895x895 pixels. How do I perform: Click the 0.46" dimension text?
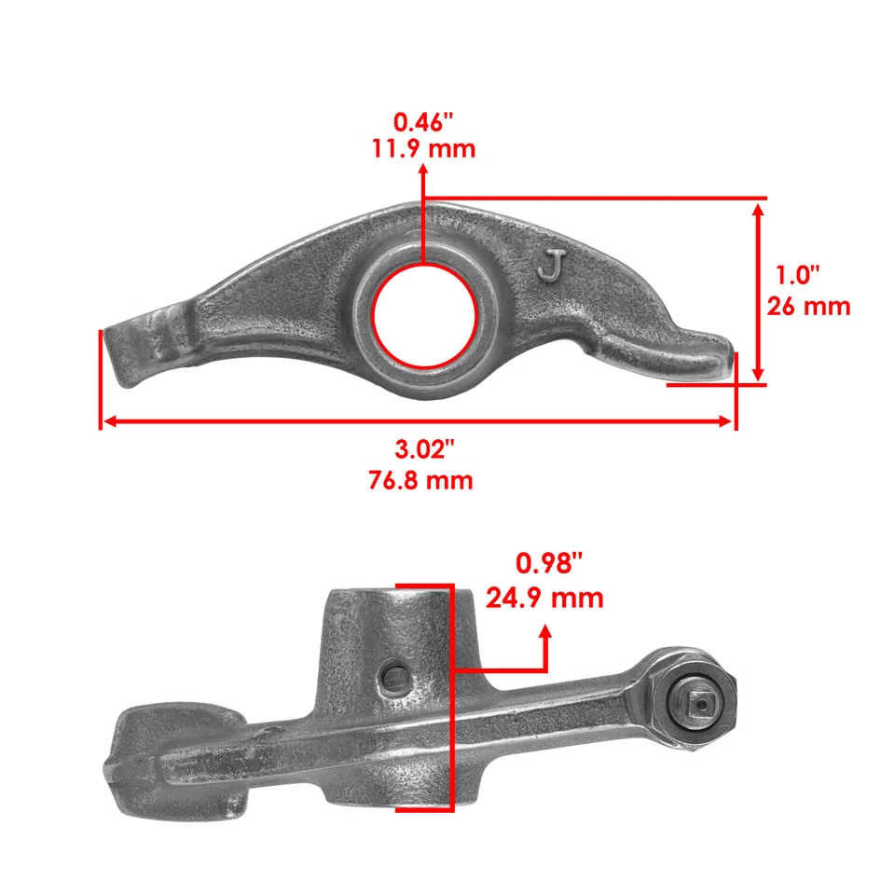424,121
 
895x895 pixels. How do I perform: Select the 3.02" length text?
424,450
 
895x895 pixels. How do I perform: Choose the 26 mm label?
807,306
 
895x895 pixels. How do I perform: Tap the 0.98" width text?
550,563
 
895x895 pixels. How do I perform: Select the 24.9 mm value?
545,597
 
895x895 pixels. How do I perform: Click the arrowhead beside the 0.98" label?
545,634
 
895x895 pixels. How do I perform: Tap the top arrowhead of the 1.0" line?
759,209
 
